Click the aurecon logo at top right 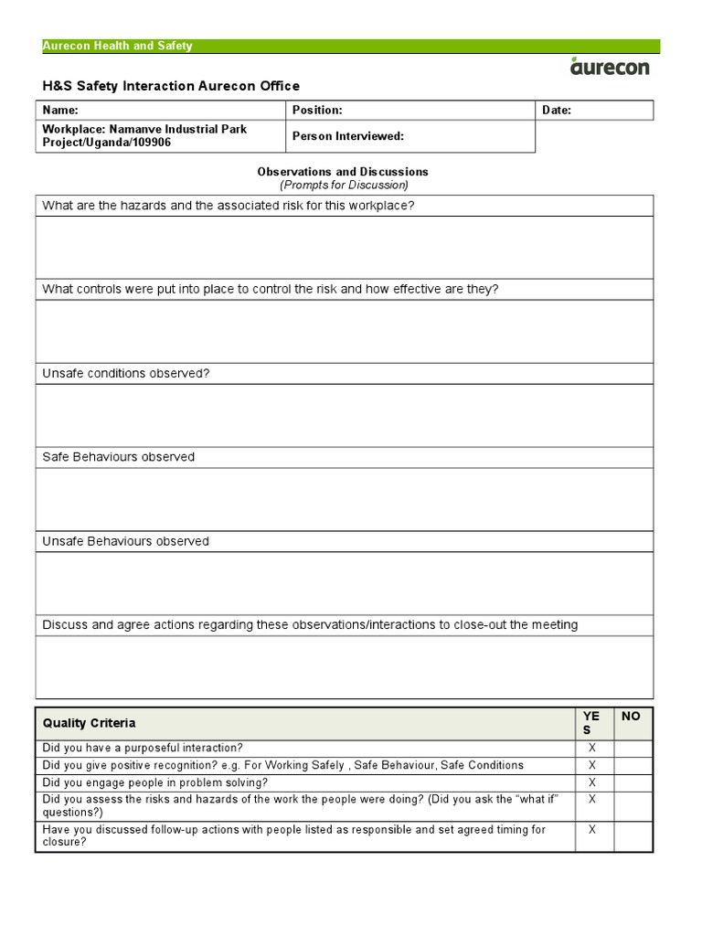coord(612,67)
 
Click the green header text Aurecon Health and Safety coord(118,47)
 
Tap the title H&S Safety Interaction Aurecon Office coord(171,86)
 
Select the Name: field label coord(60,110)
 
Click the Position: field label coord(317,110)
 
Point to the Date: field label coord(557,110)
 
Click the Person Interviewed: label coord(347,136)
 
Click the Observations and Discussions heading coord(343,172)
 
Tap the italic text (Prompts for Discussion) coord(344,185)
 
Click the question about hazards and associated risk coord(229,206)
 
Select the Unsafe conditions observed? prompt coord(126,374)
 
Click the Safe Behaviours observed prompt coord(119,457)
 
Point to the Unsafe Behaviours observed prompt coord(126,541)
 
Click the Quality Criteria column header coord(90,723)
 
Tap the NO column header coord(632,717)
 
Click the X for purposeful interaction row coord(592,748)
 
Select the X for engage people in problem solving coord(592,782)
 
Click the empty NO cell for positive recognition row coord(633,765)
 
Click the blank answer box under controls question coord(344,331)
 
